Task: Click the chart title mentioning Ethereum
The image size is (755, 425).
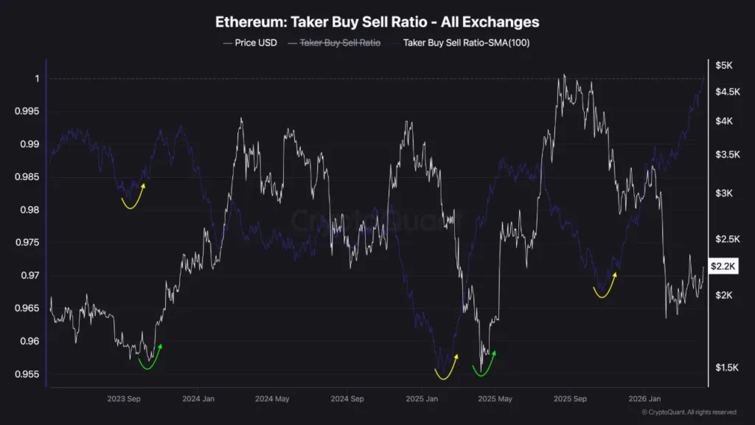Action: [x=377, y=22]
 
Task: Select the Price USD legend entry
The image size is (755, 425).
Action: [x=250, y=43]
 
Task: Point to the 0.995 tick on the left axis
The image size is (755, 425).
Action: [x=29, y=111]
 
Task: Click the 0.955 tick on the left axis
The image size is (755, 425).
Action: [x=29, y=374]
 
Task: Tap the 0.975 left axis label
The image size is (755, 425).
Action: [x=29, y=243]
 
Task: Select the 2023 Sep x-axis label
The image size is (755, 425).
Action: [x=124, y=398]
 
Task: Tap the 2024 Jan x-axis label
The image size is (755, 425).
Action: [x=198, y=398]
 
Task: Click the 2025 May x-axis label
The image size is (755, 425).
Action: [x=495, y=398]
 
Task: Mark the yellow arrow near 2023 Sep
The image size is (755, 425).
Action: [x=133, y=198]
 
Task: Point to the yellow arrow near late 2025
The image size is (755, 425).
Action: [x=605, y=286]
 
